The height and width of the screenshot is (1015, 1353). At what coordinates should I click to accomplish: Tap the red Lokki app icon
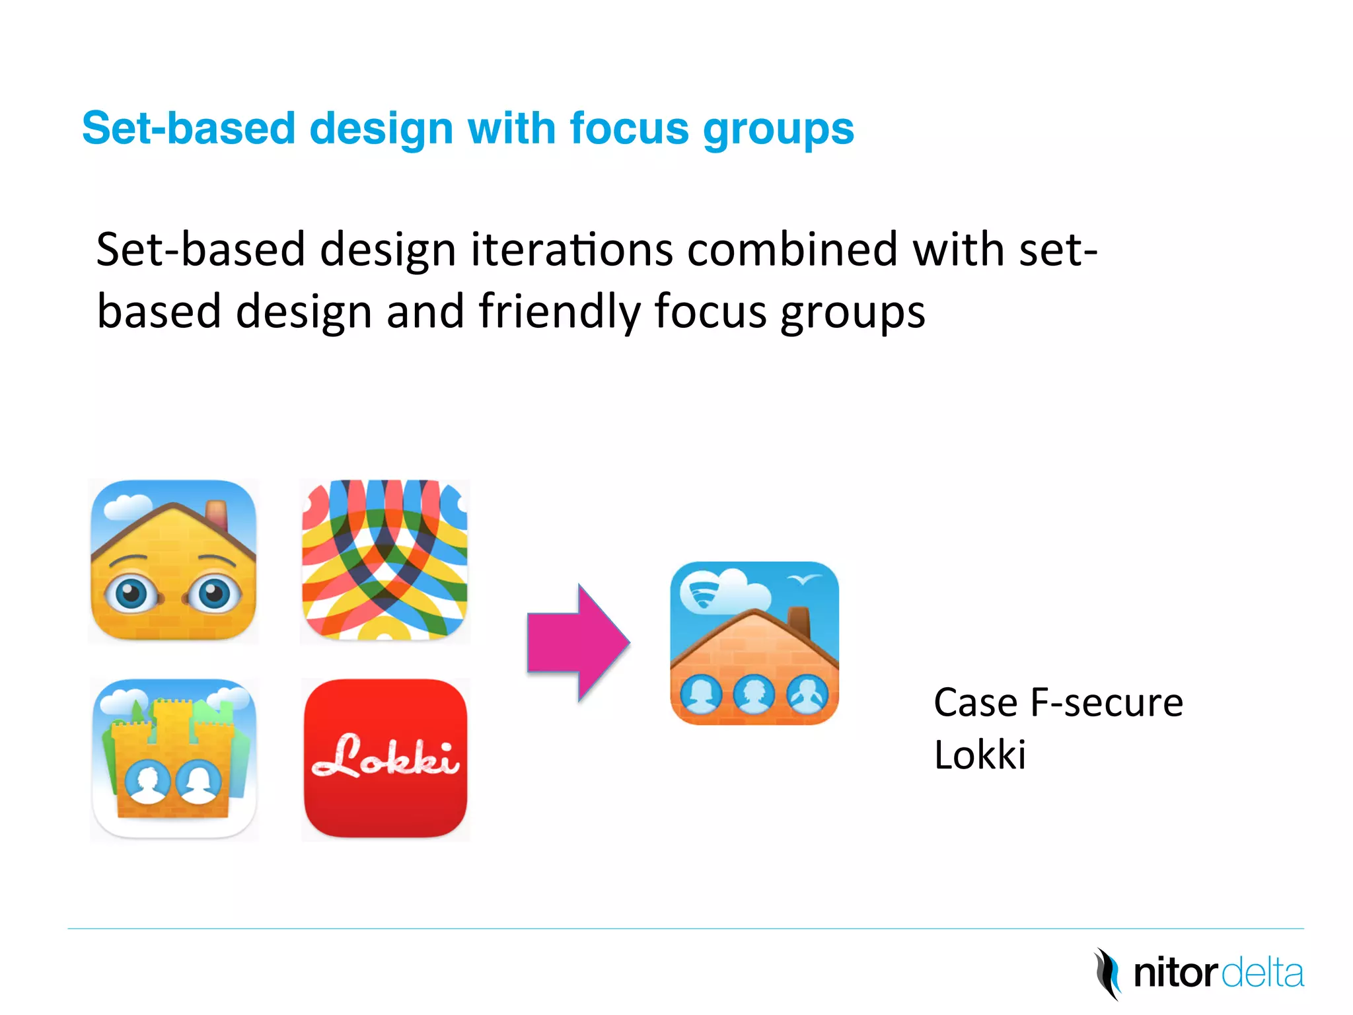coord(385,759)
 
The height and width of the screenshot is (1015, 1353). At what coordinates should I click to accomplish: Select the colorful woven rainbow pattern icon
coord(385,560)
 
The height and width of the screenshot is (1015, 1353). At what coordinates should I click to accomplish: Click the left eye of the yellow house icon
coord(133,593)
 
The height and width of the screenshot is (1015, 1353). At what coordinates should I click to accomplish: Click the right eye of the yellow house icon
coord(213,593)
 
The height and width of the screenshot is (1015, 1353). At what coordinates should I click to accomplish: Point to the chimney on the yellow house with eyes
coord(217,513)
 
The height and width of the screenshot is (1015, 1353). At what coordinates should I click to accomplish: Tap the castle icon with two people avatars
coord(173,759)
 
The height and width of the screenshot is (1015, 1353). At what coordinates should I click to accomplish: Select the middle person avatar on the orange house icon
coord(753,695)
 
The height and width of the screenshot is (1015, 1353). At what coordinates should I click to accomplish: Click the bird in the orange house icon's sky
coord(804,580)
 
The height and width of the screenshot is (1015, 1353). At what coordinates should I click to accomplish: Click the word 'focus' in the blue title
coord(629,128)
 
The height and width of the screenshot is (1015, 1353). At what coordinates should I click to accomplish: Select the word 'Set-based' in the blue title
coord(188,128)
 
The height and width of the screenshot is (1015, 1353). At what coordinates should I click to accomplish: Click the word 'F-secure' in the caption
coord(1107,702)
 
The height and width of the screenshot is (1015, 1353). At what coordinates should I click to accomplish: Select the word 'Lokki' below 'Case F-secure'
coord(980,755)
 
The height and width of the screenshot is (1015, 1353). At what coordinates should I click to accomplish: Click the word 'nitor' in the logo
coord(1175,974)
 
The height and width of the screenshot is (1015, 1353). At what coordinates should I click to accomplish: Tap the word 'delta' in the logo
coord(1262,974)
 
